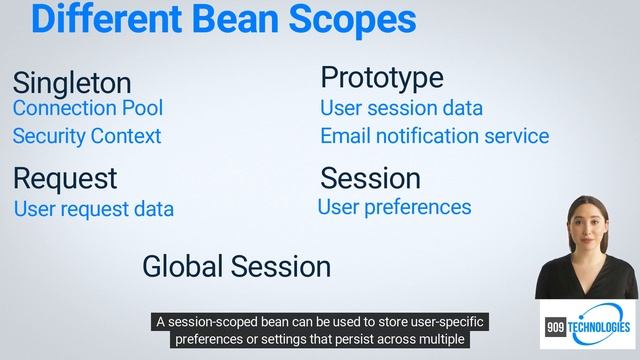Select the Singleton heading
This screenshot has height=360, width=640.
(x=71, y=82)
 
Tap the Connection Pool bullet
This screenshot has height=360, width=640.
(x=87, y=107)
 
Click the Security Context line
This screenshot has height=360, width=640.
(x=86, y=135)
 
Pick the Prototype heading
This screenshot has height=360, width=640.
(x=381, y=77)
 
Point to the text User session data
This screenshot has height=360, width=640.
(x=401, y=107)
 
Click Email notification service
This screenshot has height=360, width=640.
(x=434, y=135)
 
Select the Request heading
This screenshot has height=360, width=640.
(x=64, y=179)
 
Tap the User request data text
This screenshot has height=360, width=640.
(x=93, y=209)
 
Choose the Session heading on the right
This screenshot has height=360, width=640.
(x=370, y=179)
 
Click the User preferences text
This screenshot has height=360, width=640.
(x=394, y=207)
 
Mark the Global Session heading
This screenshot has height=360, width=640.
(x=236, y=266)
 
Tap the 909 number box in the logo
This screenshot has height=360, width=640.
(x=556, y=327)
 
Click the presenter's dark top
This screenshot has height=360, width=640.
(x=584, y=280)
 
